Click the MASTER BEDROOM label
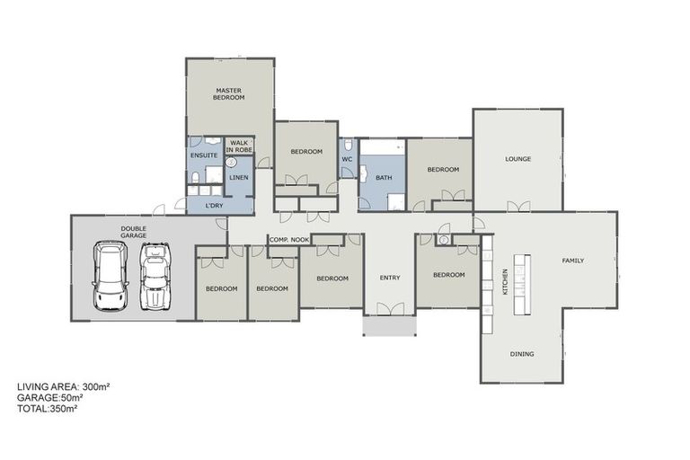coord(229,93)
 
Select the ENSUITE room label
coord(203,155)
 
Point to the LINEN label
coord(239,178)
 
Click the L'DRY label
coord(214,206)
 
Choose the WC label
coord(347,160)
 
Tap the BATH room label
coord(384,178)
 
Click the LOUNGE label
coord(517,159)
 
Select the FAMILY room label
coord(572,261)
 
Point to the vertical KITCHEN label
coord(505,282)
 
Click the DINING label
coord(522,354)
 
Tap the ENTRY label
coord(390,278)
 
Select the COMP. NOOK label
coord(288,239)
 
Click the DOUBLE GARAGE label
coord(134,232)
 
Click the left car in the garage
coord(111,278)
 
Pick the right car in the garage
coord(155,278)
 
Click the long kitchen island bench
coord(521,284)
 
